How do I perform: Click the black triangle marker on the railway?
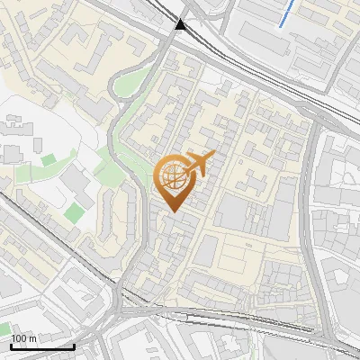(182, 25)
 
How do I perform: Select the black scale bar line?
(42, 346)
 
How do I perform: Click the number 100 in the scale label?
(20, 338)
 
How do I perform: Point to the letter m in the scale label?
(33, 338)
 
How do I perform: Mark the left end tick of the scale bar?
(11, 345)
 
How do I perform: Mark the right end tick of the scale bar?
(74, 345)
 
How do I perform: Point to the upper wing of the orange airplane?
(200, 156)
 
